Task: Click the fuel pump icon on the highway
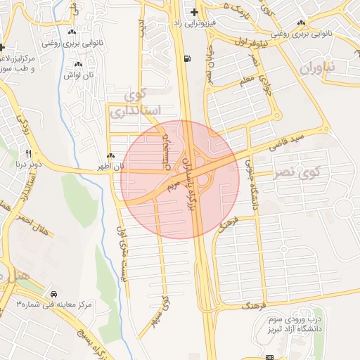coord(186,59)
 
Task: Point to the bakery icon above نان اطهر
coord(110,156)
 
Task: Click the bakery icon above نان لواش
coord(78,65)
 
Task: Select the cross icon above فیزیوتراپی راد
coord(194,13)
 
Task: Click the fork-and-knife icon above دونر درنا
coord(29,153)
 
